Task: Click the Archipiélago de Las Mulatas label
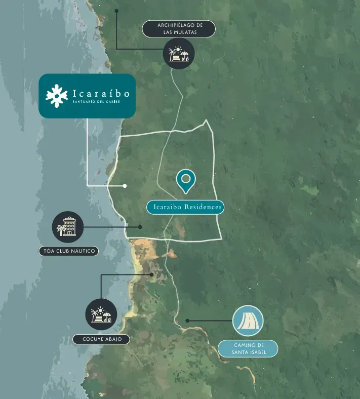[179, 28]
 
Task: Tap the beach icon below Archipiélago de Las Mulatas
[179, 53]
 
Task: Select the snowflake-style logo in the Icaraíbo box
[57, 96]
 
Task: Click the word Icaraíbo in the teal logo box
[101, 93]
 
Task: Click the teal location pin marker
[186, 180]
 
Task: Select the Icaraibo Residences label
[185, 207]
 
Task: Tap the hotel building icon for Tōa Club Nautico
[68, 227]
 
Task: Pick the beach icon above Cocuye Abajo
[101, 314]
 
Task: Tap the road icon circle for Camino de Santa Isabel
[248, 321]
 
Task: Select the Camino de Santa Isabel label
[248, 348]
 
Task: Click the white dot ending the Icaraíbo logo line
[125, 186]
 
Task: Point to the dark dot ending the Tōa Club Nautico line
[140, 227]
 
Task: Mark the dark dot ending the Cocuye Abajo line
[152, 274]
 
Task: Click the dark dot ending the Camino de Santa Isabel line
[187, 321]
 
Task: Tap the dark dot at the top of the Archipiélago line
[116, 10]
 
